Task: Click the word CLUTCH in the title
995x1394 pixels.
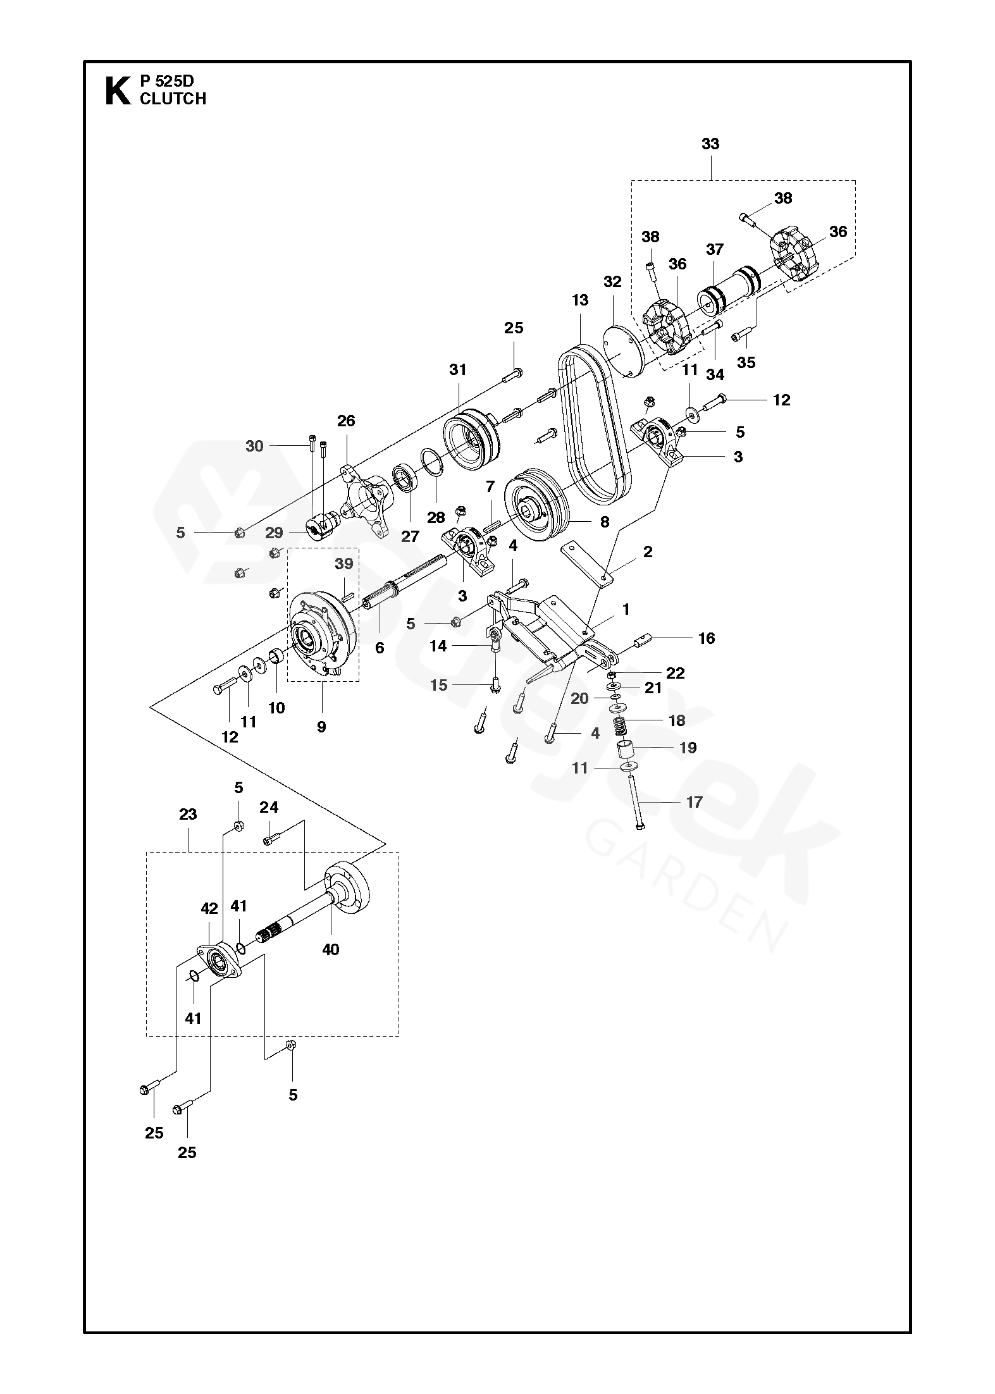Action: pyautogui.click(x=173, y=99)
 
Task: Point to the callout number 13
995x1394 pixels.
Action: pyautogui.click(x=580, y=300)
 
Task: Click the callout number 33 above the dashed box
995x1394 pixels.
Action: pyautogui.click(x=710, y=144)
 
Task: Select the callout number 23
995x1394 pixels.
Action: pyautogui.click(x=187, y=814)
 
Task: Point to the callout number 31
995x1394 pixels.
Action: pyautogui.click(x=457, y=369)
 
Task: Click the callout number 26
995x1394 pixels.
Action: pyautogui.click(x=346, y=421)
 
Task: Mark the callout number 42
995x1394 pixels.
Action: pyautogui.click(x=209, y=908)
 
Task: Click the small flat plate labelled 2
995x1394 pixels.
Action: pyautogui.click(x=587, y=564)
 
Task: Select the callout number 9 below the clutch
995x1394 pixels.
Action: pyautogui.click(x=321, y=727)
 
